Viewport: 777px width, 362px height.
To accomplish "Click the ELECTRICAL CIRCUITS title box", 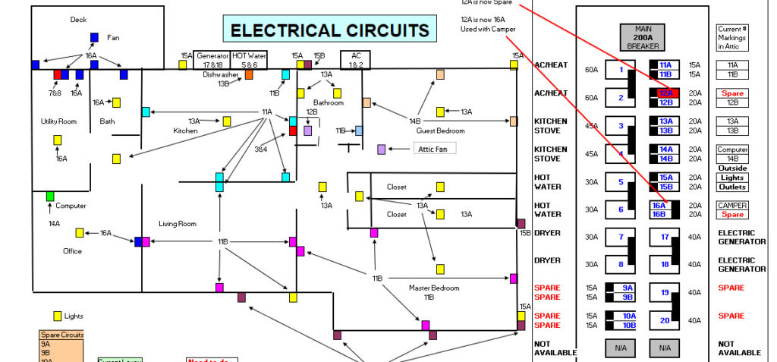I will coord(329,31).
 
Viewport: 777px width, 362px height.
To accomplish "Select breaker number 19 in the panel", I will coord(665,292).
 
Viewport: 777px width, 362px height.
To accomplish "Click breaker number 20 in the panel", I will coord(665,320).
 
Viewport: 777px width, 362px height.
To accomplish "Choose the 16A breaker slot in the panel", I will coord(660,205).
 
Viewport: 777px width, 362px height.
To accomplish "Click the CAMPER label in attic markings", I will coord(732,205).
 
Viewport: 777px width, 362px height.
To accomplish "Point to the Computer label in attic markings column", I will coord(732,150).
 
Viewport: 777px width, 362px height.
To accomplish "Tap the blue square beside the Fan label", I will coord(94,37).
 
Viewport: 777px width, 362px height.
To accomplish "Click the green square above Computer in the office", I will coord(50,197).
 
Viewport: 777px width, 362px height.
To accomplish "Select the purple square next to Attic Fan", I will coord(381,150).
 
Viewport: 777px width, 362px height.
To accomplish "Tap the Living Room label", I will coord(178,224).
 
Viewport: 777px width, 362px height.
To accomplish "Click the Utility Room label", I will coord(59,121).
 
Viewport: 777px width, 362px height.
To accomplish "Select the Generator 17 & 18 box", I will coord(212,61).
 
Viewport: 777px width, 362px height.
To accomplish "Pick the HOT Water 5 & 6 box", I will coord(250,61).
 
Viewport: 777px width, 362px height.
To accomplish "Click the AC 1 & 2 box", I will coord(355,61).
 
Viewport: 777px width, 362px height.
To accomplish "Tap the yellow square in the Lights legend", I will coord(57,316).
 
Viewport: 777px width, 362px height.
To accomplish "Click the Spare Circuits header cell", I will coord(61,335).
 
